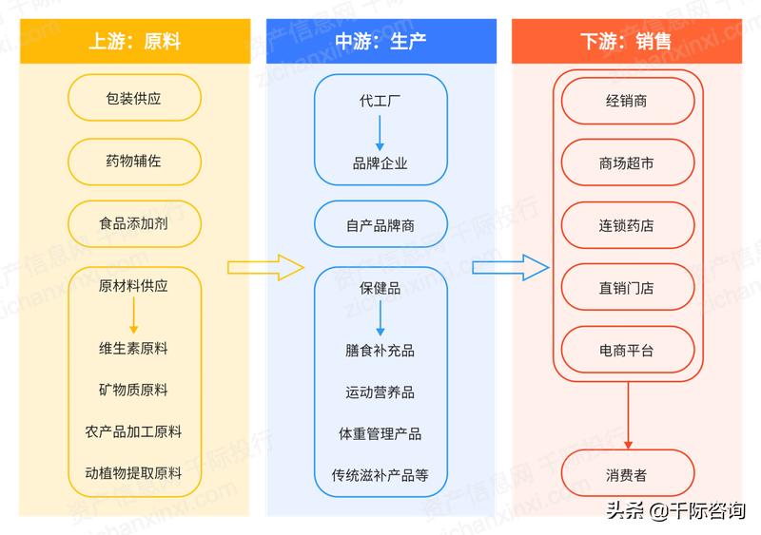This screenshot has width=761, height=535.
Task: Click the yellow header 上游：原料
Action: point(134,42)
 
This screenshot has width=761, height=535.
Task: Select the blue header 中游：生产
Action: point(380,42)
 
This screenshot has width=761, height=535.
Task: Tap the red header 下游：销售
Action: point(626,42)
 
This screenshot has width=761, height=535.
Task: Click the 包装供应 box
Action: point(134,98)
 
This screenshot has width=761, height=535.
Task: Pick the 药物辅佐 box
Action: point(134,162)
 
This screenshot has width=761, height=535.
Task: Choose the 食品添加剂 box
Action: point(134,225)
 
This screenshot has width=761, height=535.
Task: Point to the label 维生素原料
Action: point(134,349)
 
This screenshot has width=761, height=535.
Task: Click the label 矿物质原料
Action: point(134,390)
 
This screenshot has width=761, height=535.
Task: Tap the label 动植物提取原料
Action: point(134,472)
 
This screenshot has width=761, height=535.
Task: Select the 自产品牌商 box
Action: point(380,225)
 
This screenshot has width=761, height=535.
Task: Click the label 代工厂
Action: point(380,101)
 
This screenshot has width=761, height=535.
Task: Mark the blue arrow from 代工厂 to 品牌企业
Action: point(380,131)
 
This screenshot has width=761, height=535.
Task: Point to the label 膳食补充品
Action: point(380,350)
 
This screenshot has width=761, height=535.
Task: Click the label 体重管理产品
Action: point(380,433)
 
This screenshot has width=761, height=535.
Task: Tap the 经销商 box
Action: point(626,100)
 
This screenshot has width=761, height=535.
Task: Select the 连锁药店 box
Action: point(626,226)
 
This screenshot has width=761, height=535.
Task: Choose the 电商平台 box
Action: point(626,351)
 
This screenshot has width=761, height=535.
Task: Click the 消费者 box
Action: point(626,475)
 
